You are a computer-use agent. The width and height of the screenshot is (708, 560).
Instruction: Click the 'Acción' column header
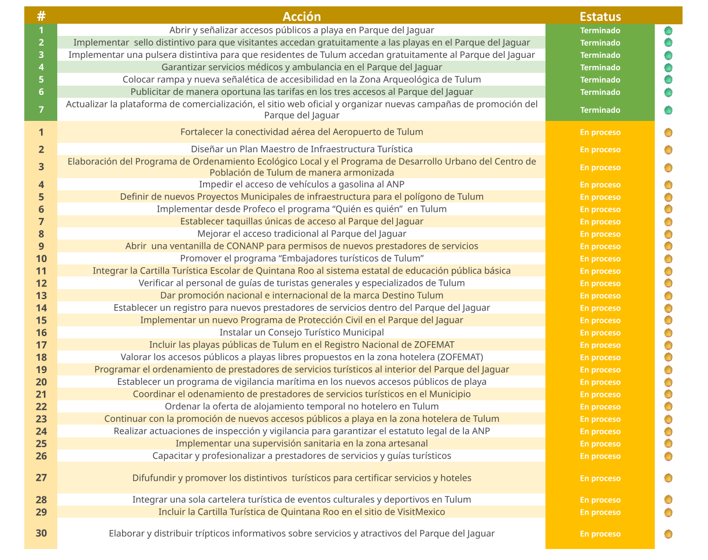coord(301,16)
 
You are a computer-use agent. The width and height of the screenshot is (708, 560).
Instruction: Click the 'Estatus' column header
coord(600,16)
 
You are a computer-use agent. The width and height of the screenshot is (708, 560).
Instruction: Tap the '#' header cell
coord(41,16)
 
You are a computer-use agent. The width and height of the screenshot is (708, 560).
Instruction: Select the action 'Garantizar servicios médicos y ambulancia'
coord(301,67)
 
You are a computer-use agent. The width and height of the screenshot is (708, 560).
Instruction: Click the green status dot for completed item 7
coord(668,110)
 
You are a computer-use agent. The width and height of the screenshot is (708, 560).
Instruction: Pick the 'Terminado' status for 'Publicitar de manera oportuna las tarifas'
coord(600,92)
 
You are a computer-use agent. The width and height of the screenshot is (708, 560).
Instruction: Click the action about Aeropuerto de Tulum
coord(301,132)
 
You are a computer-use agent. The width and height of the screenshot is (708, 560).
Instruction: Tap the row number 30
coord(41,533)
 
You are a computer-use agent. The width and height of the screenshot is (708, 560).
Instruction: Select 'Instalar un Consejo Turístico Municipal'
coord(301,333)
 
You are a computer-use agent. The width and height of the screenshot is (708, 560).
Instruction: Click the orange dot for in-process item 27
coord(668,478)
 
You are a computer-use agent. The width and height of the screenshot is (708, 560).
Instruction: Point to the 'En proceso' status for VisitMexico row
coord(600,513)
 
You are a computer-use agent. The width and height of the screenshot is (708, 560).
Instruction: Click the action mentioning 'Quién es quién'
coord(301,209)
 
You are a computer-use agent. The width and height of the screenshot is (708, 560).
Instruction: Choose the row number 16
coord(41,333)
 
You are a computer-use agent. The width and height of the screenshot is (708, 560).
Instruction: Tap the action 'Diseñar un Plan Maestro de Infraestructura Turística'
coord(301,149)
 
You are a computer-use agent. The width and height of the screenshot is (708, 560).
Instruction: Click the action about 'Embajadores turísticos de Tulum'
coord(301,259)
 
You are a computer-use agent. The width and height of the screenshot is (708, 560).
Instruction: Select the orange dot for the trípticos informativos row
coord(668,534)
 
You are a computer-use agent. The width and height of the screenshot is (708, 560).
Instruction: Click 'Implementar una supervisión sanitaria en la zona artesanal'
coord(301,444)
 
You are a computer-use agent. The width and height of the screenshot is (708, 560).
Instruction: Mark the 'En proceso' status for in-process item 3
coord(600,167)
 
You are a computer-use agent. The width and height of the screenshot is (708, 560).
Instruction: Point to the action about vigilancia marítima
coord(301,382)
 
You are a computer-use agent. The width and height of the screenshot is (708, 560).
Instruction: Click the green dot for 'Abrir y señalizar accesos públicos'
coord(668,30)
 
